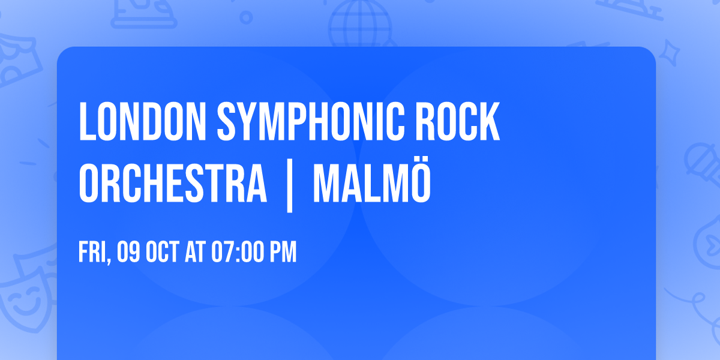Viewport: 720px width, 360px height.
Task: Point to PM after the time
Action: click(x=283, y=253)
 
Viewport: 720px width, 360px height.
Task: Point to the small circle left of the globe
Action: click(x=245, y=16)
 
